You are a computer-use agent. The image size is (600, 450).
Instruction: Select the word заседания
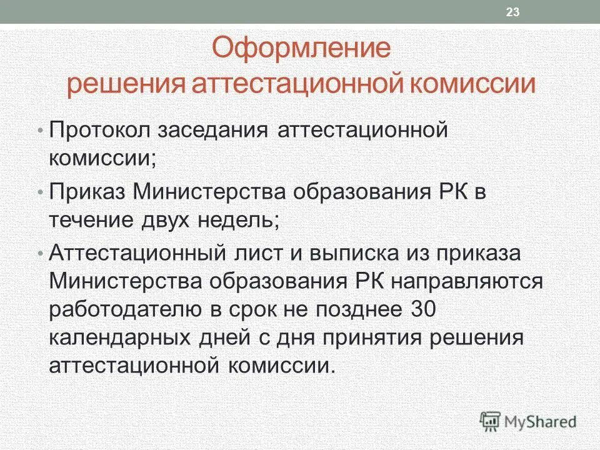coord(207,132)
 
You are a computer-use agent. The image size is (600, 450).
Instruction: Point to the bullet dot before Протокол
coord(41,132)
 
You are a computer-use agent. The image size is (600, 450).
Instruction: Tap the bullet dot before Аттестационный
coord(41,254)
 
